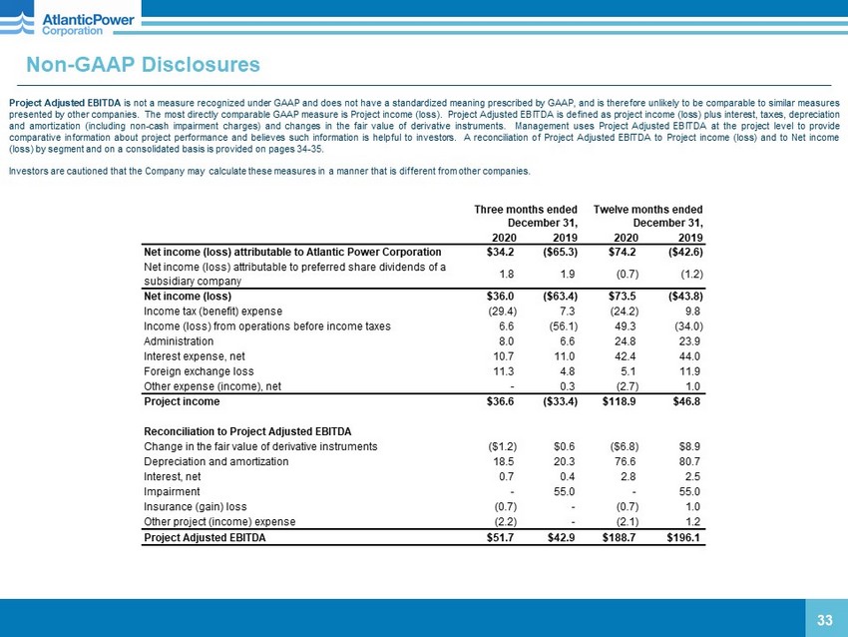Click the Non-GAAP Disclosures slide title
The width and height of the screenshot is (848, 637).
[143, 65]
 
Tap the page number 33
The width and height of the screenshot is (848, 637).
[824, 620]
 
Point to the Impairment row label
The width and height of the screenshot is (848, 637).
[173, 491]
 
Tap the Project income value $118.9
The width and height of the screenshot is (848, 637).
[620, 401]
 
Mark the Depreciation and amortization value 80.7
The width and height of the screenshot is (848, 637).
[689, 461]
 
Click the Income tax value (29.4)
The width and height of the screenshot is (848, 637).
[500, 312]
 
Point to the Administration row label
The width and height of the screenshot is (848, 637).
[178, 340]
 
